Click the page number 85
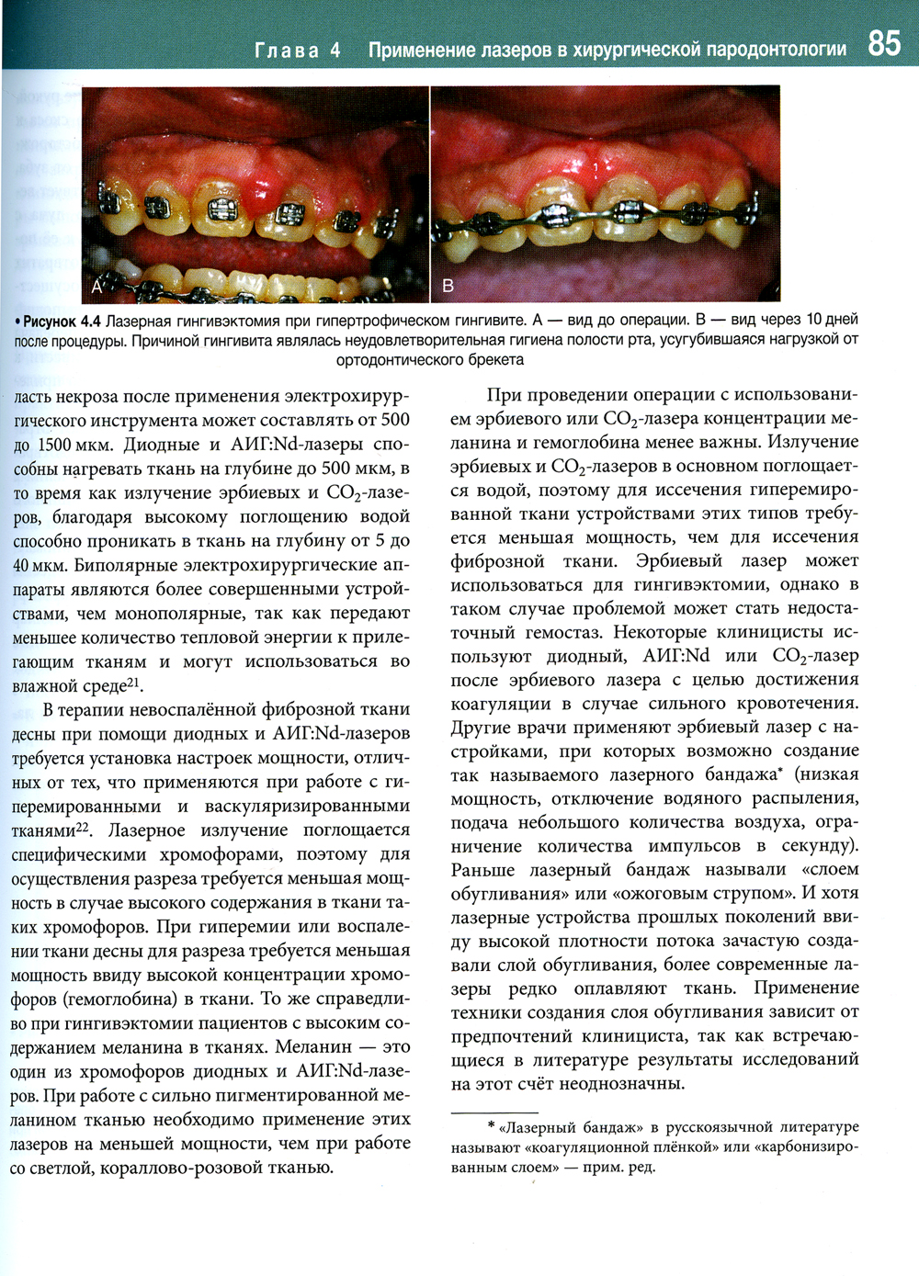[883, 43]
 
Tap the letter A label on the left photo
[96, 288]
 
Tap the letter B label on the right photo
[448, 286]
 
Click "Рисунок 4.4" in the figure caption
[59, 321]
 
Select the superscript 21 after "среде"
[134, 682]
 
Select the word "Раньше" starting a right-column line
[481, 869]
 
